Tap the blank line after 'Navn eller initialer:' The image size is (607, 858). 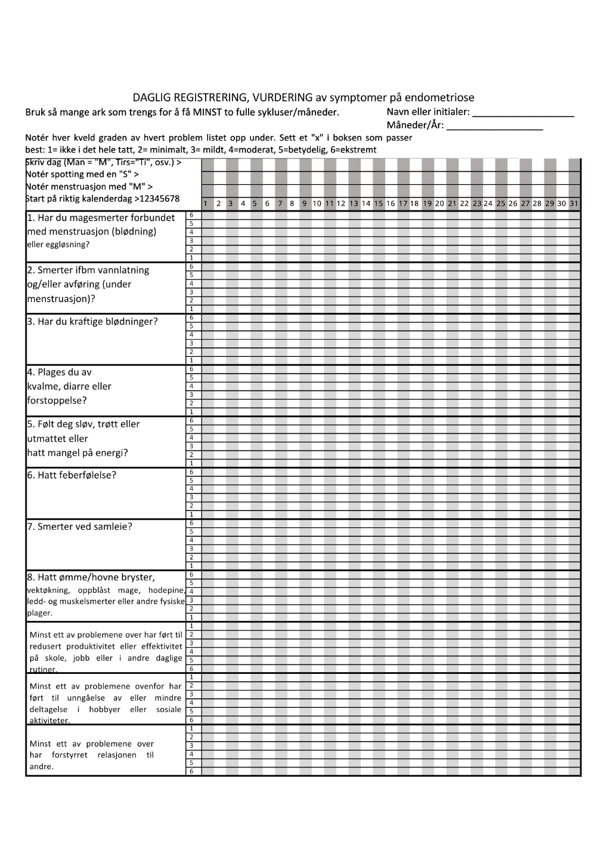pyautogui.click(x=523, y=115)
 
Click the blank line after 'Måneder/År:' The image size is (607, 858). pyautogui.click(x=495, y=128)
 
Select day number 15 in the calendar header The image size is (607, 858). pyautogui.click(x=379, y=204)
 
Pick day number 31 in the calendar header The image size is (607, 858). pyautogui.click(x=574, y=204)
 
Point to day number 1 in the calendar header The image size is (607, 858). pyautogui.click(x=206, y=204)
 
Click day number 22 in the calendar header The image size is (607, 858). pyautogui.click(x=464, y=204)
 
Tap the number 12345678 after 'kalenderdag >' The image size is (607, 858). pyautogui.click(x=160, y=199)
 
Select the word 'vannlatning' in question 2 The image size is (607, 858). pyautogui.click(x=123, y=271)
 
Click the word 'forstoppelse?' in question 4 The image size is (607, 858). pyautogui.click(x=57, y=400)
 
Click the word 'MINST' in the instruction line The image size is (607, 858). pyautogui.click(x=209, y=113)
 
